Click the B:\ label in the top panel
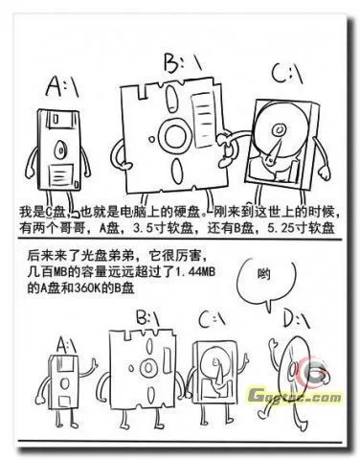(178, 64)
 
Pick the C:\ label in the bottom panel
(211, 317)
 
